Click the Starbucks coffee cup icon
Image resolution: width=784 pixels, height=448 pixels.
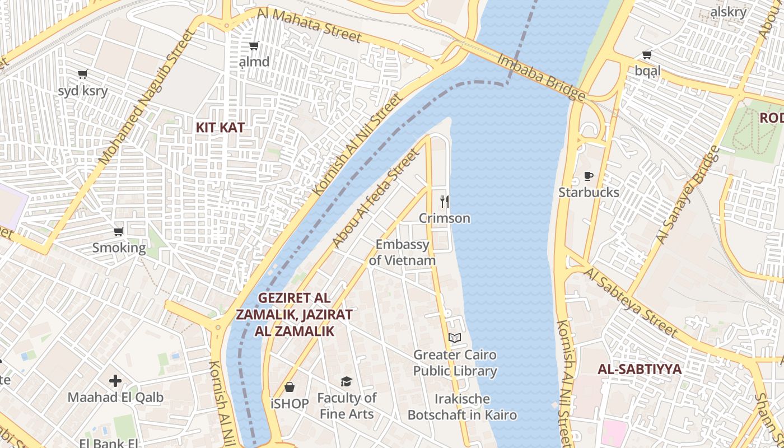589,176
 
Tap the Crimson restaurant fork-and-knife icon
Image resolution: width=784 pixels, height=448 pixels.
445,202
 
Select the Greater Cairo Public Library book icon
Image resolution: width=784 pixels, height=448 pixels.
455,338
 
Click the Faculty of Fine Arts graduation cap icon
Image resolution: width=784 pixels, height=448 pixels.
347,381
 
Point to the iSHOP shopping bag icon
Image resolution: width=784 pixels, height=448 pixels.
290,387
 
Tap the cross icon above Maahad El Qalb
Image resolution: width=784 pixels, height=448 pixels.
115,381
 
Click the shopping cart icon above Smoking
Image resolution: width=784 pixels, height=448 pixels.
119,231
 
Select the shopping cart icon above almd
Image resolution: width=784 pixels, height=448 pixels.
254,45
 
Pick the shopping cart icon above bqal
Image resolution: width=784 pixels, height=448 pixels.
647,54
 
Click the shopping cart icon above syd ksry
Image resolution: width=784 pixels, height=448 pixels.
83,74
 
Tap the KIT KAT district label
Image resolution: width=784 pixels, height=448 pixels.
220,128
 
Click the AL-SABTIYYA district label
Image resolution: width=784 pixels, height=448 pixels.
640,369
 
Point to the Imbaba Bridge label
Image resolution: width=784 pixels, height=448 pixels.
541,77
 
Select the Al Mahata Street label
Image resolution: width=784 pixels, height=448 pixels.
309,25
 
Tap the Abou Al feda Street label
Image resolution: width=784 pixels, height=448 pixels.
375,198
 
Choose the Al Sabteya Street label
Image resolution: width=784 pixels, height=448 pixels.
631,302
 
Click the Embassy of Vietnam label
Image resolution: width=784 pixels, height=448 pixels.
402,253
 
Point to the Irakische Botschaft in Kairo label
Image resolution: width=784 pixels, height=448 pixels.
462,407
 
